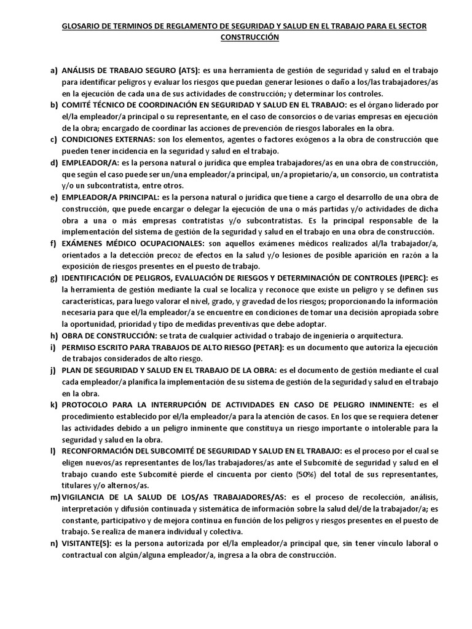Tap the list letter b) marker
[x=53, y=106]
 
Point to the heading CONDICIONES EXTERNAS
[x=108, y=140]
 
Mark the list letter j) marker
[x=53, y=370]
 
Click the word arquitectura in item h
[x=376, y=335]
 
